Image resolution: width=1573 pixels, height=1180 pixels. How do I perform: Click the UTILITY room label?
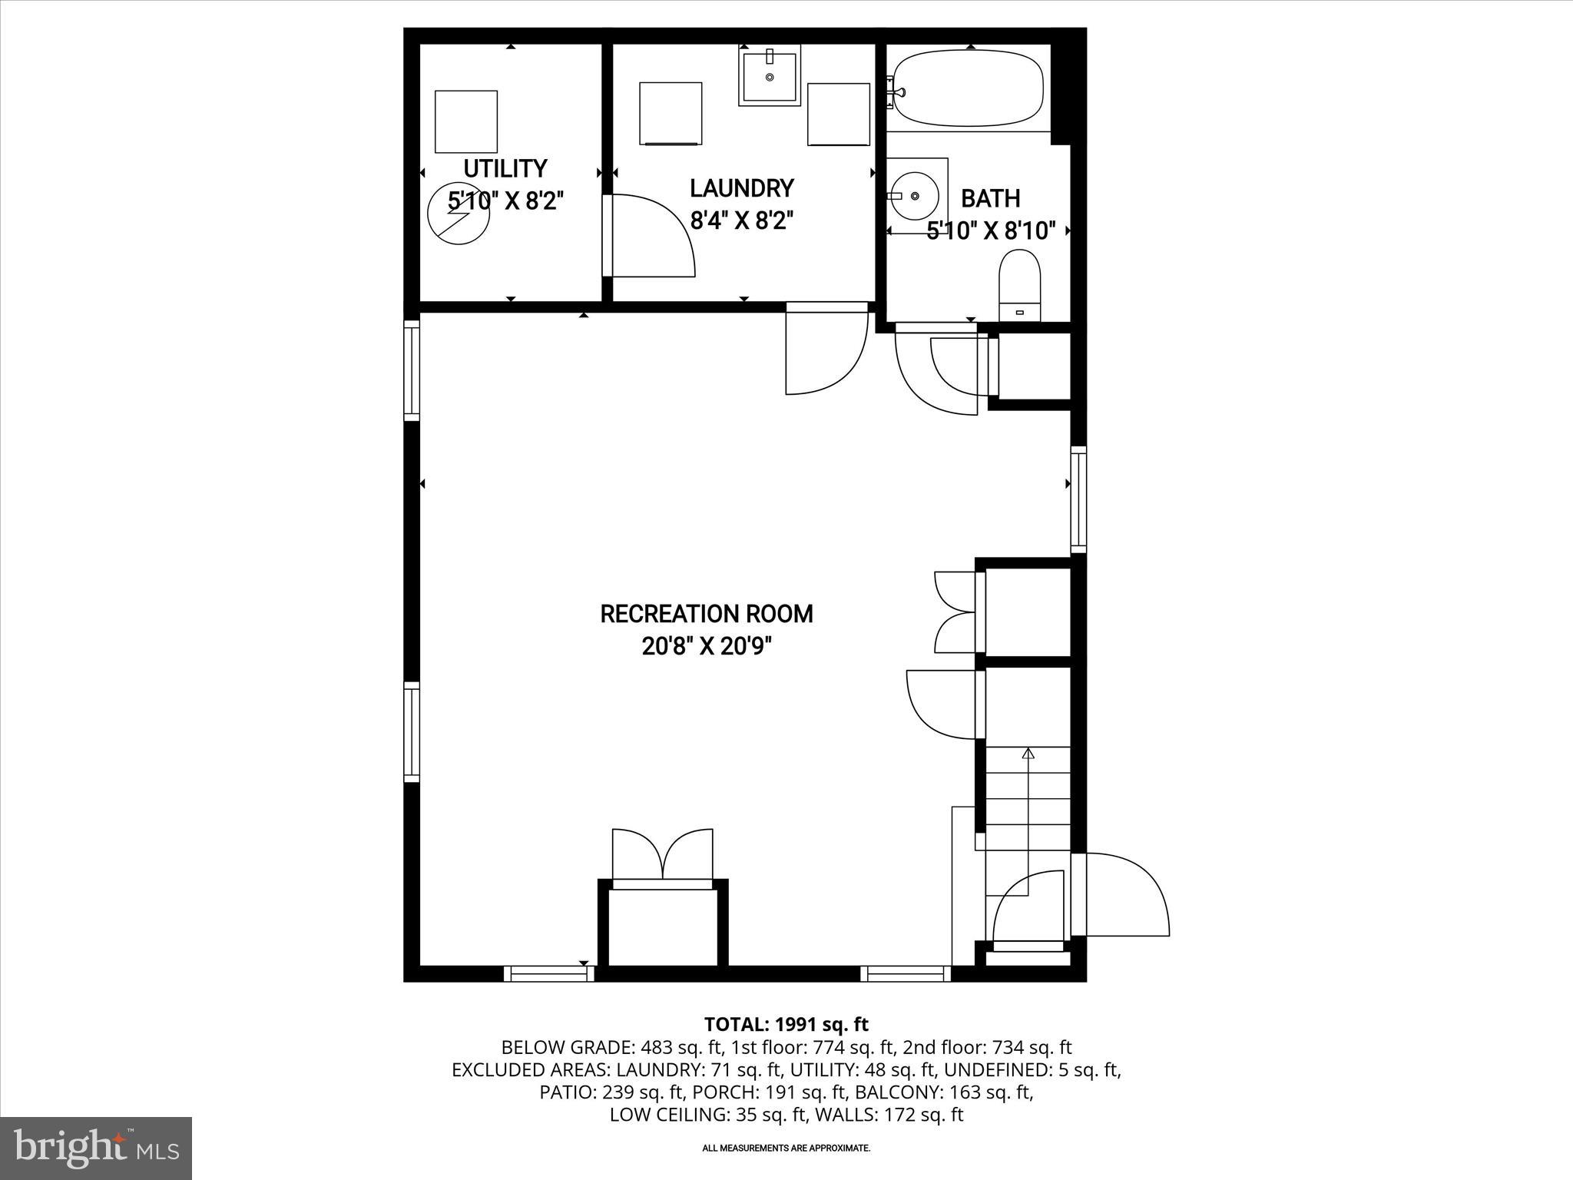tap(505, 168)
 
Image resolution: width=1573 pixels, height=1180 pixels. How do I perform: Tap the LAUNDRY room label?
tap(741, 188)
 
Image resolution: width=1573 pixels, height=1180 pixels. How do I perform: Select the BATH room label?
tap(990, 198)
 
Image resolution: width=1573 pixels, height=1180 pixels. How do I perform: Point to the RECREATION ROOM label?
tap(706, 614)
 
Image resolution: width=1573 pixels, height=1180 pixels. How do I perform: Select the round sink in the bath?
tap(916, 196)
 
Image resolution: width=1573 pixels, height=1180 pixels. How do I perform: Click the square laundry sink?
tap(770, 75)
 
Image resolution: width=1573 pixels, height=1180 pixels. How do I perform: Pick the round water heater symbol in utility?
tap(459, 216)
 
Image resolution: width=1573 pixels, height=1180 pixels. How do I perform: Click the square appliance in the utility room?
tap(465, 121)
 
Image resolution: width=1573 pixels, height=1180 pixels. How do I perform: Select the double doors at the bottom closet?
tap(662, 854)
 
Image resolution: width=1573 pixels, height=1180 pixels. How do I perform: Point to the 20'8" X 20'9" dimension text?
tap(706, 647)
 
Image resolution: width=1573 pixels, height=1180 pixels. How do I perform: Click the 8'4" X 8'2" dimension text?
tap(741, 221)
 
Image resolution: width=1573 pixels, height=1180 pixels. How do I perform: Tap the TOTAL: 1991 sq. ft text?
tap(786, 1024)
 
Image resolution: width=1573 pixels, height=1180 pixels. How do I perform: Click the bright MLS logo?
tap(96, 1148)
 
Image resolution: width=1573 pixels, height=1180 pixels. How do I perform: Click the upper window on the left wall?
tap(412, 371)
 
